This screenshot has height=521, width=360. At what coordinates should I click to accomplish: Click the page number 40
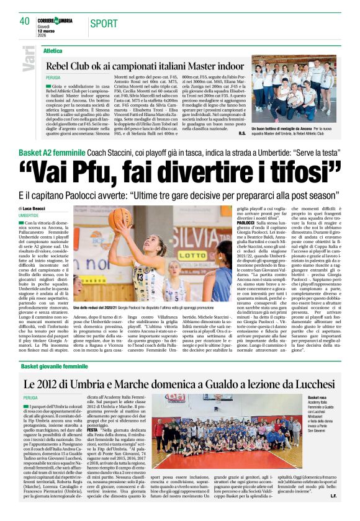(x=25, y=21)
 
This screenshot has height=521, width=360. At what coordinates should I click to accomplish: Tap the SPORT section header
(x=103, y=24)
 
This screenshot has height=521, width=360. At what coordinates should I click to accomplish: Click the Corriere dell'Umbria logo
(x=54, y=20)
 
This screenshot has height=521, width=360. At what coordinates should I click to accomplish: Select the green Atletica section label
(x=53, y=50)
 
